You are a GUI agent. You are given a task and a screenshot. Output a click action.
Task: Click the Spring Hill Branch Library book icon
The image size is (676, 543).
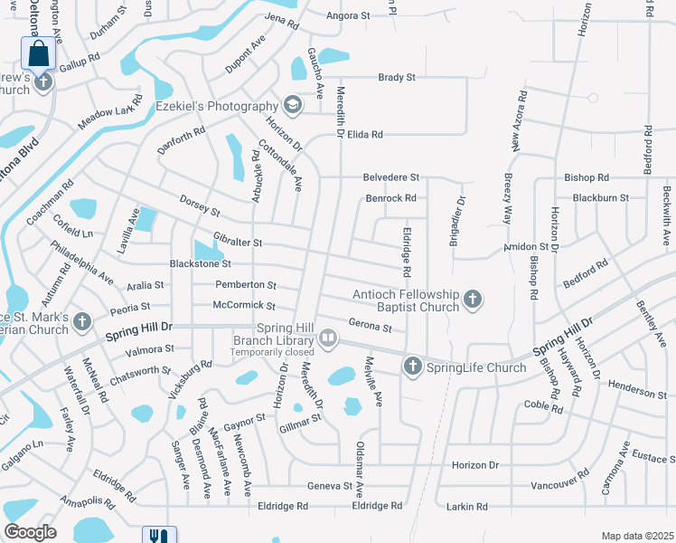pos(329,338)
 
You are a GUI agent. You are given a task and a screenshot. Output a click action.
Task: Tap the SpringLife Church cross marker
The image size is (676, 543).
pos(412,367)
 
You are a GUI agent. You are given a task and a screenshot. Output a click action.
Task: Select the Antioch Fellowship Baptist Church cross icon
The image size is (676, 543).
pos(471,299)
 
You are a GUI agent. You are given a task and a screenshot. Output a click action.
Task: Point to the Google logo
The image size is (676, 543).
pos(30,532)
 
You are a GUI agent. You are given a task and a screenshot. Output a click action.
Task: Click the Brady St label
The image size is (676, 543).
pos(397,78)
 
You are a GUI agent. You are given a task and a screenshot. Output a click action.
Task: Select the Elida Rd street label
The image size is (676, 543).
pos(365,134)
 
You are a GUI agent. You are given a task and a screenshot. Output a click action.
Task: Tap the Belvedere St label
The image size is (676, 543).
pos(390,177)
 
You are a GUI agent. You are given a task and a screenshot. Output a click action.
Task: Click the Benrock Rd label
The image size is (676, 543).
pos(390,197)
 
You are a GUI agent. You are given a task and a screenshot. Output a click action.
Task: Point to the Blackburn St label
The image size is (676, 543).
pos(600,197)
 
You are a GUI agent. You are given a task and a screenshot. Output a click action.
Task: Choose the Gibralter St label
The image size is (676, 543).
pos(238,243)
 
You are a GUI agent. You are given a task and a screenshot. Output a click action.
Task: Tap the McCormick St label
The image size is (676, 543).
pos(243,305)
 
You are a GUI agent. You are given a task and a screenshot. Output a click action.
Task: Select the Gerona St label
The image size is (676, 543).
pos(370,328)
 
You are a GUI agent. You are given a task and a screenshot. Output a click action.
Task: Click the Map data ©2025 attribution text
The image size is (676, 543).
pos(635,536)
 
